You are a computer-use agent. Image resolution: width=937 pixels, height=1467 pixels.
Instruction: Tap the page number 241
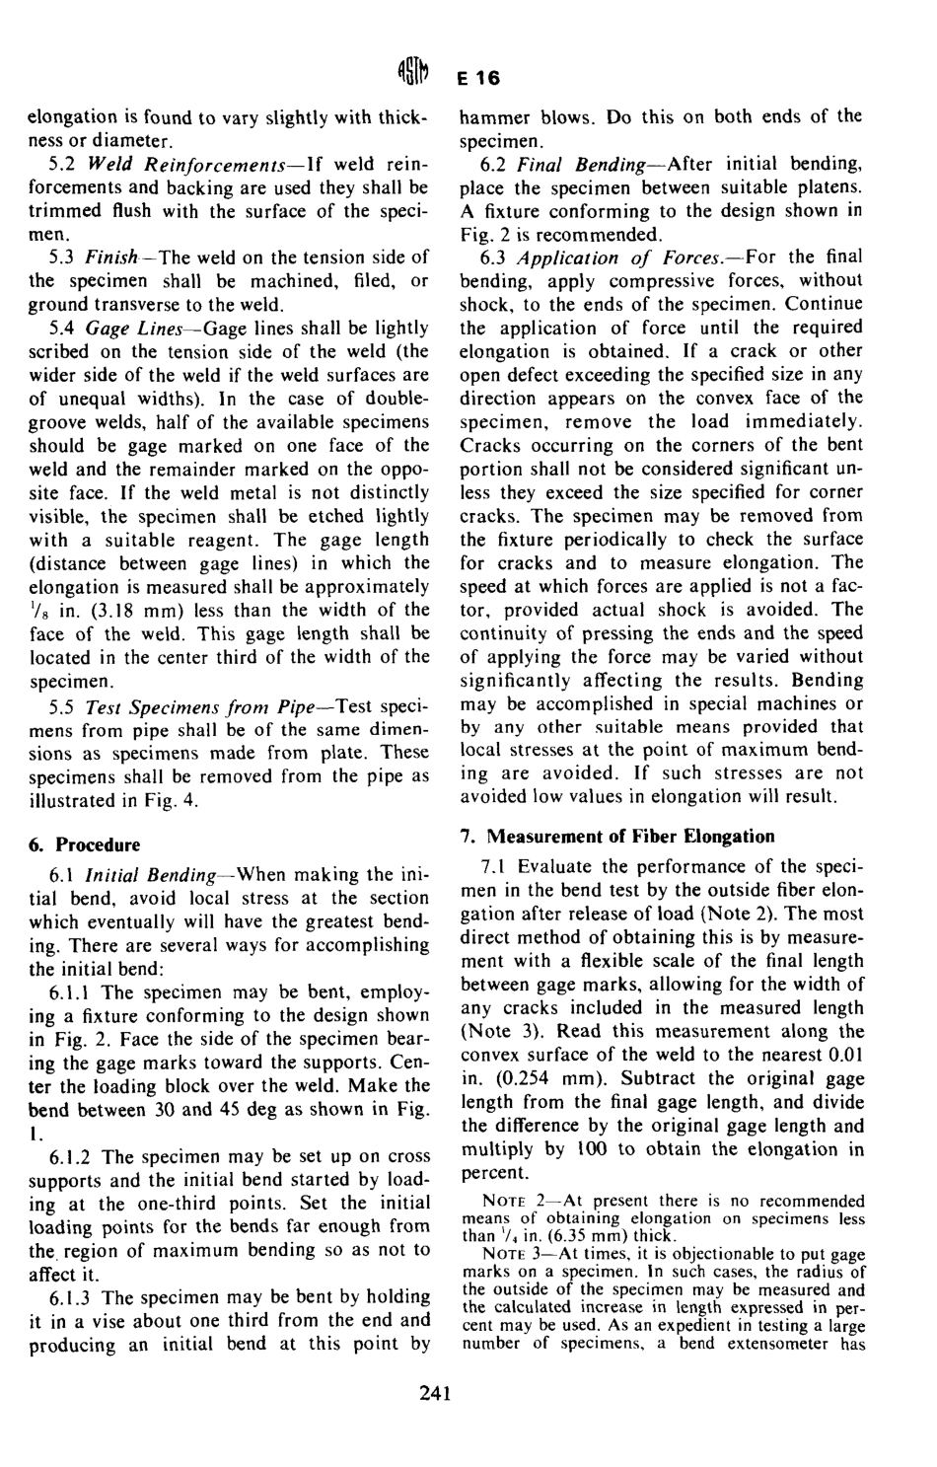coord(434,1393)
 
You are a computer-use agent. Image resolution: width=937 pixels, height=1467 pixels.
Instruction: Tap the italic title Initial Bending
coord(151,875)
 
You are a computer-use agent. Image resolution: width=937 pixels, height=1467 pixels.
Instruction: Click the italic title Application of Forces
coord(615,257)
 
